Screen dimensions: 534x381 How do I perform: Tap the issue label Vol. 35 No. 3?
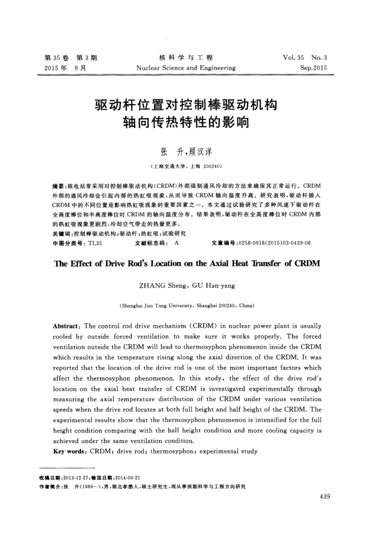click(x=305, y=58)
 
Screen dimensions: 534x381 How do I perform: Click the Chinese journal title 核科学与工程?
click(x=186, y=58)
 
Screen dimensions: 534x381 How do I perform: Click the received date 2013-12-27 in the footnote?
click(x=81, y=477)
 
